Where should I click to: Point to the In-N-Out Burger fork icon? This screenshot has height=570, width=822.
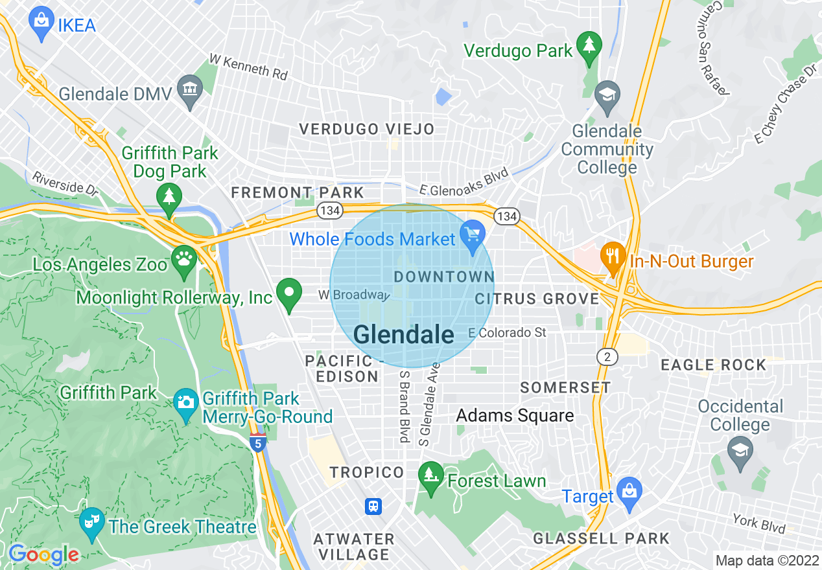point(612,258)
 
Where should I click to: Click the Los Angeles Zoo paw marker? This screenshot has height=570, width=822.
point(184,260)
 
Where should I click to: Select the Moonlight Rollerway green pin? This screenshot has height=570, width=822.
point(288,293)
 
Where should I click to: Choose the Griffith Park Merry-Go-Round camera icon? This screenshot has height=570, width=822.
point(186,403)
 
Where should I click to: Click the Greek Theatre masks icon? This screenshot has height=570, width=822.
point(91,522)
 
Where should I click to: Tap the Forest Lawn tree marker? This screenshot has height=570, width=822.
point(429,477)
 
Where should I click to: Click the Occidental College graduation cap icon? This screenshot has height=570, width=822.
point(740,451)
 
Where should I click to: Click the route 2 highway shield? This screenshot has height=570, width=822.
point(607,356)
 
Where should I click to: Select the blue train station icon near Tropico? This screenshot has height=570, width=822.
point(373,506)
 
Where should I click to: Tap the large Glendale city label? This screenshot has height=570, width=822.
point(404,334)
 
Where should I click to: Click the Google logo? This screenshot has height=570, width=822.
point(44,554)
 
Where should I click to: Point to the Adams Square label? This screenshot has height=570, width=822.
point(515,415)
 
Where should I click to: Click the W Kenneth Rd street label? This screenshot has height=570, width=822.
point(249,67)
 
